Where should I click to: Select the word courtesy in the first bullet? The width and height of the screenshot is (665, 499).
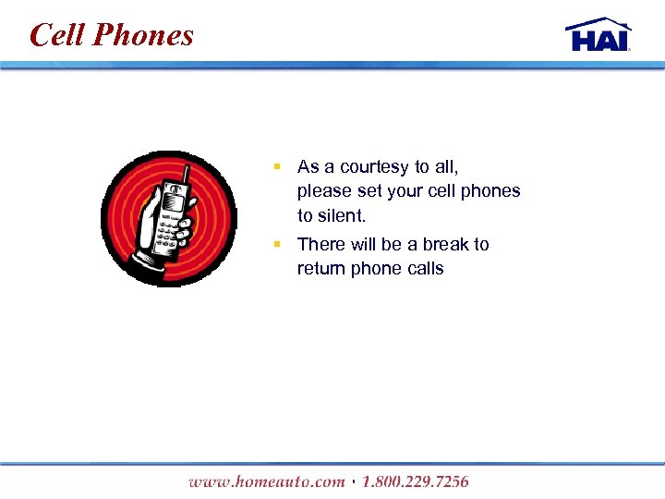pos(375,167)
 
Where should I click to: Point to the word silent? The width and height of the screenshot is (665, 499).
pos(341,215)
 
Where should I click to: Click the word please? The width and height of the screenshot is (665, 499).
pos(323,191)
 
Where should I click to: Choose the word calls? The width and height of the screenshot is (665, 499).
pos(424,269)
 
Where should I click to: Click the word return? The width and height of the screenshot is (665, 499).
pos(320,269)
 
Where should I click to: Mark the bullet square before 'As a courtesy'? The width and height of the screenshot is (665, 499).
pos(276,167)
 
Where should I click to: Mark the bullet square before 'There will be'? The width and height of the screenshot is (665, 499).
pos(276,245)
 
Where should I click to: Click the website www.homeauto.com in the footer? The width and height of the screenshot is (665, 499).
pos(266,481)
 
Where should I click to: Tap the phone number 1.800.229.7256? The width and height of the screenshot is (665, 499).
pos(416,481)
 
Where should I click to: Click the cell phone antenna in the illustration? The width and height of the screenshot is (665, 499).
pos(187,174)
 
